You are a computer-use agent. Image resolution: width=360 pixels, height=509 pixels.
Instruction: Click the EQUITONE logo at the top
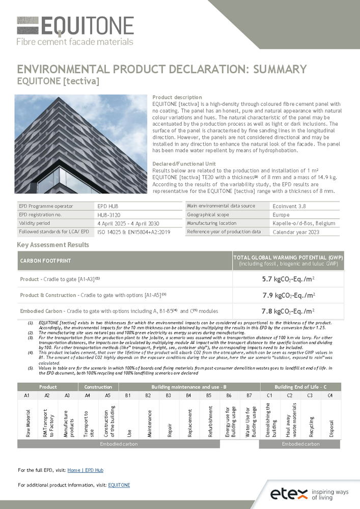(75, 31)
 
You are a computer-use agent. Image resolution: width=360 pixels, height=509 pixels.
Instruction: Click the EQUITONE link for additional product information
(119, 485)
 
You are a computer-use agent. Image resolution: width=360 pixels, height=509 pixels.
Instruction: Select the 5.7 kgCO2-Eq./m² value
(288, 279)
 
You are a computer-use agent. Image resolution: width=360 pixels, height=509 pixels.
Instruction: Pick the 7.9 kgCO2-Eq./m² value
(288, 295)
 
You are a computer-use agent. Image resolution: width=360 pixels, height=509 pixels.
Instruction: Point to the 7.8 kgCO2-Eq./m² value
(288, 311)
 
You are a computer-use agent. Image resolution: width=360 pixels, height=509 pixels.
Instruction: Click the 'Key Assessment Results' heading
(53, 245)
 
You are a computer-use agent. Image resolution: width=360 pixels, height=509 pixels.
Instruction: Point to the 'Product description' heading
(177, 97)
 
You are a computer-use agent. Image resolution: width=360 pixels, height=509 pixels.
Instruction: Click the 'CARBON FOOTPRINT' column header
(45, 261)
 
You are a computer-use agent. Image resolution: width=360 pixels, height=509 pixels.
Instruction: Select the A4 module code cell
(88, 394)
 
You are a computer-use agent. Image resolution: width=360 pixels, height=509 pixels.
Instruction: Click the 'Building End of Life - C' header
(300, 386)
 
